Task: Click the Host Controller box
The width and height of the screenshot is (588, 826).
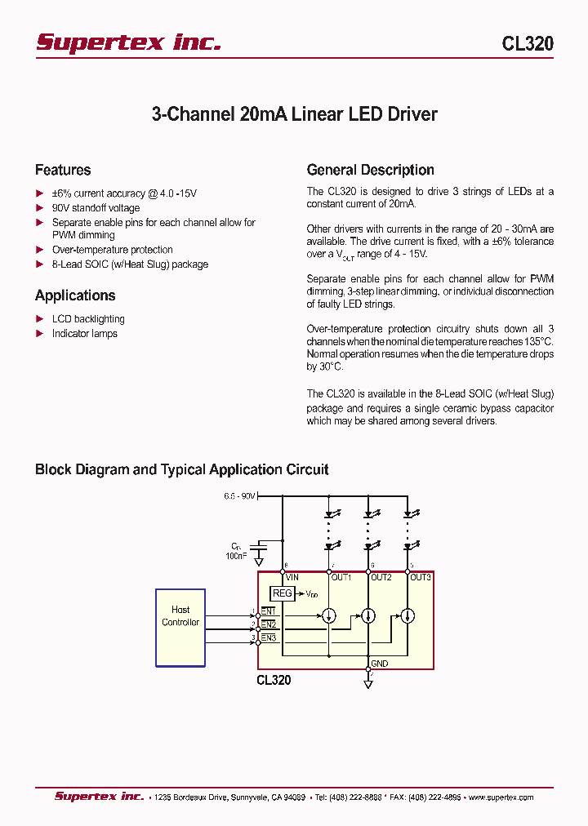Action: tap(180, 626)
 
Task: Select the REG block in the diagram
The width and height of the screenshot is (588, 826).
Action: tap(282, 593)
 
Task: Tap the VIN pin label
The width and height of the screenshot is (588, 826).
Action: tap(292, 577)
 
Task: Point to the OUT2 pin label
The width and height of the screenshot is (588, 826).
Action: tap(381, 577)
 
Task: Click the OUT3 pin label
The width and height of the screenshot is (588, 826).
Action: tap(421, 577)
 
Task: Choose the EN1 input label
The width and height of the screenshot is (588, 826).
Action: tap(269, 611)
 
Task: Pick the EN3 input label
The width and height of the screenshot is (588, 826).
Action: tap(269, 637)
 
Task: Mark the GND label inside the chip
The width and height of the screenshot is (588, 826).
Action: tap(380, 664)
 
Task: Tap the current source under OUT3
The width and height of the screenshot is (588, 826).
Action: tap(408, 615)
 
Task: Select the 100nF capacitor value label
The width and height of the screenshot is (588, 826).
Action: tap(236, 555)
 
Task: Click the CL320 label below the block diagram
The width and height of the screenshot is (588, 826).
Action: tap(274, 680)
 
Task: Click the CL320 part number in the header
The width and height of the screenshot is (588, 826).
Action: tap(528, 44)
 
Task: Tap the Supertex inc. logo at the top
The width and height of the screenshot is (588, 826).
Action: tap(128, 42)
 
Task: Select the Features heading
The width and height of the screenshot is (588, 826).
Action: tap(63, 170)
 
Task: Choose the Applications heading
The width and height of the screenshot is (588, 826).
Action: tap(75, 295)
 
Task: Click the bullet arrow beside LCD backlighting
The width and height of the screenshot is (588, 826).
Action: tap(39, 319)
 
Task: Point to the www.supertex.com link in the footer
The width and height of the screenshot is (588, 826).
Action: tap(501, 797)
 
